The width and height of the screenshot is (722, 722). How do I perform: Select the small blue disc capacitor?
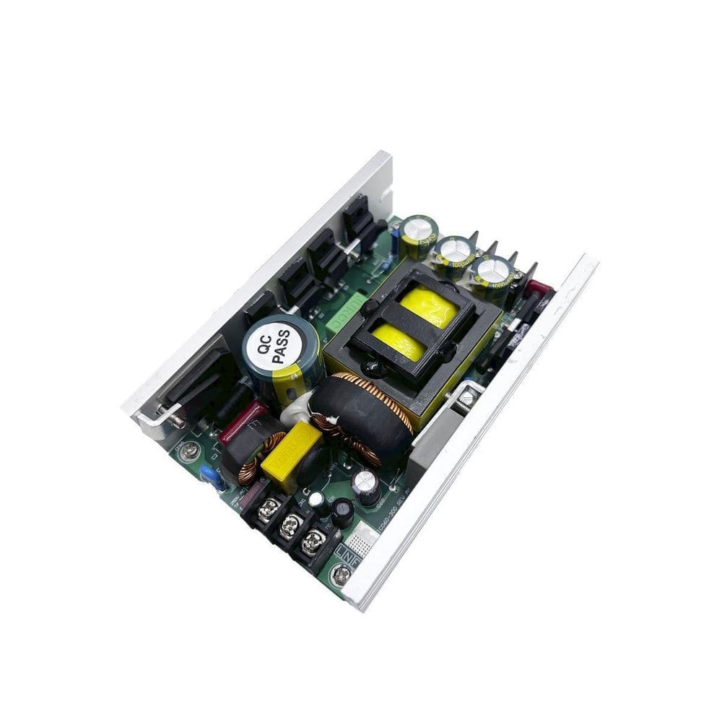210,476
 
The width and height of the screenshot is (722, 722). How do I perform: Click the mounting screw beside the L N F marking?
340,575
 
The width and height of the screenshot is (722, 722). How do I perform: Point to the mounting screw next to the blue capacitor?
190,452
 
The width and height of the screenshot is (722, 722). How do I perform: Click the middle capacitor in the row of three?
455,253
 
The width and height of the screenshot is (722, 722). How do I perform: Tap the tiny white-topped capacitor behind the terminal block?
316,500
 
